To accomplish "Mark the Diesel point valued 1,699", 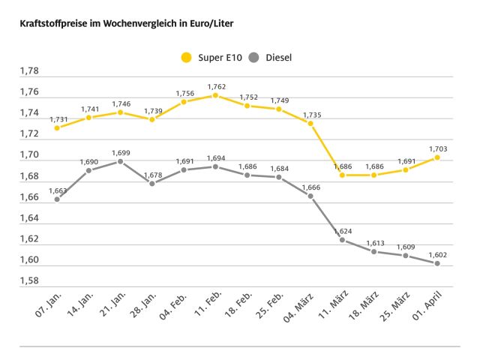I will [x=120, y=161].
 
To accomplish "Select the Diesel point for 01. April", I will [x=436, y=263].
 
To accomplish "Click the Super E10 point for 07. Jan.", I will [x=57, y=127].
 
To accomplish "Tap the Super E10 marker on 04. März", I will [x=310, y=123].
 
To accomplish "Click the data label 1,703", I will [x=436, y=148].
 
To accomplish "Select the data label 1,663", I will [x=58, y=190].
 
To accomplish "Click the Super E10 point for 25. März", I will [x=405, y=169].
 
